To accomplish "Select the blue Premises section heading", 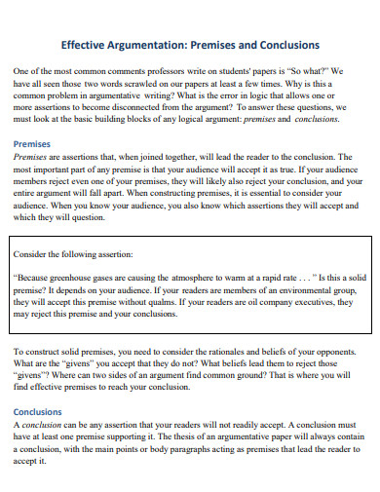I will tap(31, 143).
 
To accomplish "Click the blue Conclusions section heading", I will tap(38, 411).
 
